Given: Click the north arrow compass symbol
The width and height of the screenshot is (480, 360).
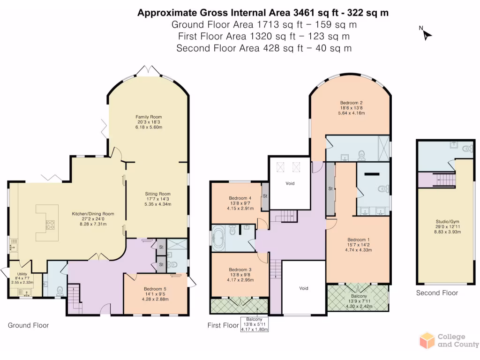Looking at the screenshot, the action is tap(426, 34).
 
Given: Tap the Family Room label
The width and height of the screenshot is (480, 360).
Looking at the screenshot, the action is tap(149, 122).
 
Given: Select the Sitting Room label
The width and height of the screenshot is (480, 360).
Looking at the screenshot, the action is tap(157, 199).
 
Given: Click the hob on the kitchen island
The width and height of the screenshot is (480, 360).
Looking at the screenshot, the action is tap(50, 225).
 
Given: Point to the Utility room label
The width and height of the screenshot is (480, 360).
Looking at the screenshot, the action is tap(22, 278).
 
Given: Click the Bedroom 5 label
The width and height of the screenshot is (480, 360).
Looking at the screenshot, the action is tap(155, 294).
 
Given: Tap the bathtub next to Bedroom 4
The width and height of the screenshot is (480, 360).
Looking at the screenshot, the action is tap(218, 238).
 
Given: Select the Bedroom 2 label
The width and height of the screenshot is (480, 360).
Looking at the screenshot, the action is tap(352, 108).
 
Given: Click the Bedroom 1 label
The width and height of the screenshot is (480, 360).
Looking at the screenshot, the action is tap(359, 245).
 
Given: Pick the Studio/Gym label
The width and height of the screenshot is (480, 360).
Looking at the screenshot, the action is tap(448, 226).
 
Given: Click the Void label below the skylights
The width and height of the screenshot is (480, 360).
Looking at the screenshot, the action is tap(290, 183).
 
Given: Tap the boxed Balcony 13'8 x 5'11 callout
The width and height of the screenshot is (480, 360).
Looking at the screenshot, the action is tap(255, 324).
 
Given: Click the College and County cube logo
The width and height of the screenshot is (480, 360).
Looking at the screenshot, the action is tap(427, 340).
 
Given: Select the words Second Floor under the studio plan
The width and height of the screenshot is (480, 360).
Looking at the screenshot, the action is tap(437, 293).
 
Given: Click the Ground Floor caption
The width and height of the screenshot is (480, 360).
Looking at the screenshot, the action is tap(28, 325).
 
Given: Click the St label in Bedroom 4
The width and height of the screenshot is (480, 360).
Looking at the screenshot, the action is tap(265, 196).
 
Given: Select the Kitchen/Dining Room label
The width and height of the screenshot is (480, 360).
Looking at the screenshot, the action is tap(93, 219).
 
